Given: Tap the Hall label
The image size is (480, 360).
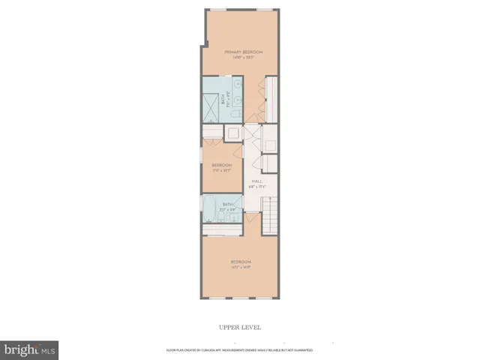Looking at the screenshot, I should [x=256, y=181].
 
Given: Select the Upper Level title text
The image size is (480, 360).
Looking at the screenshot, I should [x=240, y=327].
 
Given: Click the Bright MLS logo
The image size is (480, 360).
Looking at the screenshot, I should [x=29, y=349].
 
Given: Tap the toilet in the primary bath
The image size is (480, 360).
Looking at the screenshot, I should [x=234, y=115].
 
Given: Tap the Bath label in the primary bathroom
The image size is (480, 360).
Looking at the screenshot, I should [x=223, y=97].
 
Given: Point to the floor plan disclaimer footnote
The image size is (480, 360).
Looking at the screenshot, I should [x=240, y=350].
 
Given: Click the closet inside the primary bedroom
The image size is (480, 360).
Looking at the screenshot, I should [x=271, y=98].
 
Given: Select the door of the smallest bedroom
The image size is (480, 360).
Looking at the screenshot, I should [x=238, y=148].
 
